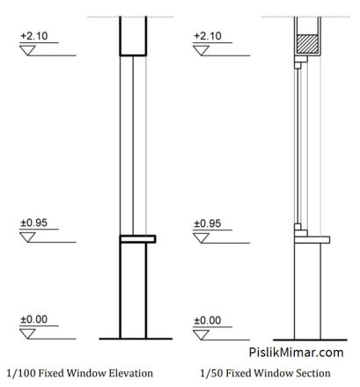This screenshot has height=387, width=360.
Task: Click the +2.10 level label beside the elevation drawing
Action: click(x=34, y=36)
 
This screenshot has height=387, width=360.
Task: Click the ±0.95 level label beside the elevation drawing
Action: click(x=33, y=223)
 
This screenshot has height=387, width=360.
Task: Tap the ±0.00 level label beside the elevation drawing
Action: click(x=33, y=319)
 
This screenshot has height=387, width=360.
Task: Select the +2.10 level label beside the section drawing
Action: click(x=208, y=36)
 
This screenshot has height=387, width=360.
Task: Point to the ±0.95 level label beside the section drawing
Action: click(x=208, y=223)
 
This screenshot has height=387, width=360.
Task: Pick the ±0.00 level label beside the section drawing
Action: click(x=208, y=320)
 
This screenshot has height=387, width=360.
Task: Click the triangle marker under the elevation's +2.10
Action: click(x=27, y=50)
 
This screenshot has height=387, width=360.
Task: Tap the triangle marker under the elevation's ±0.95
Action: click(x=27, y=237)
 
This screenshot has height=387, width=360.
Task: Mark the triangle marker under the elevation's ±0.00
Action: click(x=27, y=333)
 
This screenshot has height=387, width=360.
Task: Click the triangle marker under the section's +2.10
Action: click(x=202, y=50)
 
